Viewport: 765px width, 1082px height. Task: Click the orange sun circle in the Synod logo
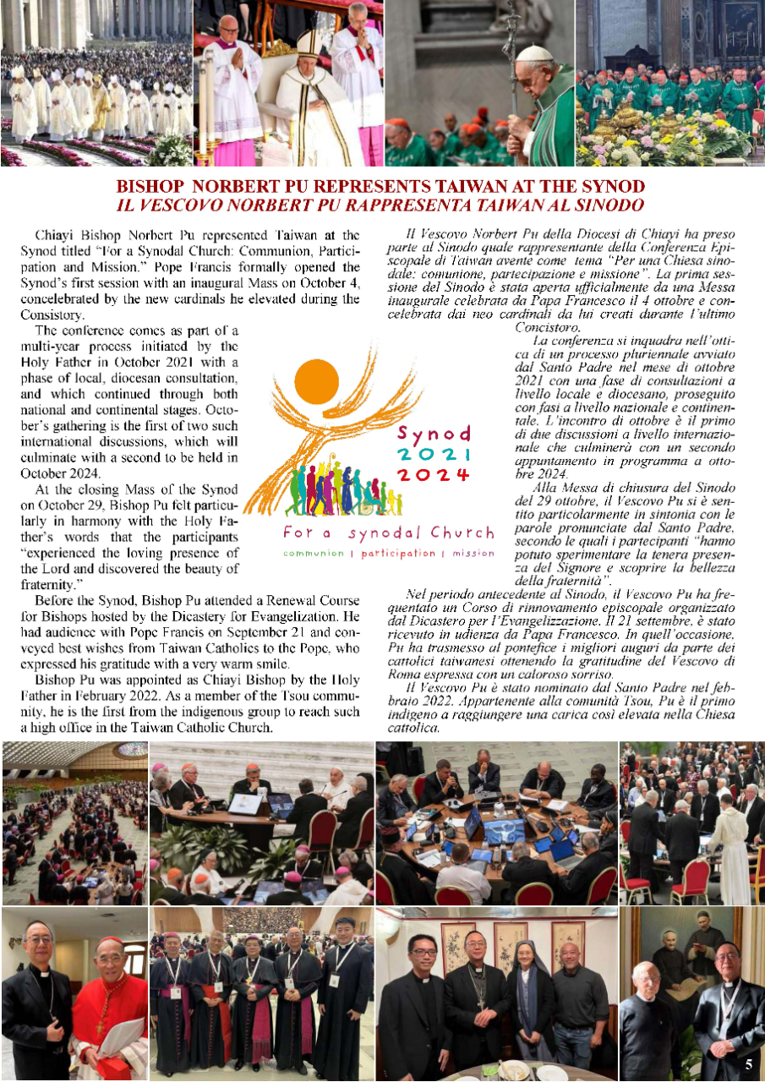click(x=317, y=383)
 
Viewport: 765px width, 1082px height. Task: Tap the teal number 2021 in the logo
click(x=434, y=454)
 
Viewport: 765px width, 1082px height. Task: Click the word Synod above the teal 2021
click(x=434, y=434)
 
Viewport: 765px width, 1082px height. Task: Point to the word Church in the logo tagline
click(x=461, y=533)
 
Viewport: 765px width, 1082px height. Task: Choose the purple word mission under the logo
click(x=473, y=553)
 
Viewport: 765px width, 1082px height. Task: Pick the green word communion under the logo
click(x=314, y=553)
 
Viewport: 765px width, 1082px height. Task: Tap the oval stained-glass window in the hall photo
click(x=131, y=750)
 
